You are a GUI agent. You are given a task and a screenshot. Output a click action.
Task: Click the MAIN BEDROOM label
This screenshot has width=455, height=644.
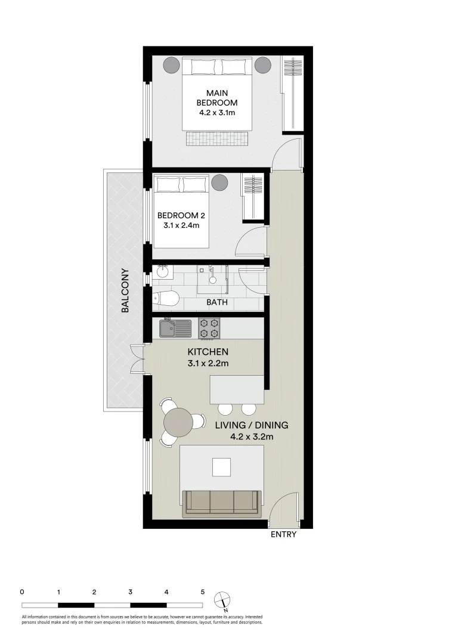coord(217,98)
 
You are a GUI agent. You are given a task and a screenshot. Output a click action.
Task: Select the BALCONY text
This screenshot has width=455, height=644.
coord(126,291)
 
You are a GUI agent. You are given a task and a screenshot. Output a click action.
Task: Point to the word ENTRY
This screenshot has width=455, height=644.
coord(283,535)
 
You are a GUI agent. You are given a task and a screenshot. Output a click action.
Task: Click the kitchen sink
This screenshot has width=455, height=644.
coord(175,329)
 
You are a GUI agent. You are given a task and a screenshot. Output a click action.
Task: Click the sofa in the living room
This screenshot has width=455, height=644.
coord(222,502)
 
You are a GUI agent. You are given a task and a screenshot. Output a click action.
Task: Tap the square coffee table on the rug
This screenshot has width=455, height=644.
coord(222,466)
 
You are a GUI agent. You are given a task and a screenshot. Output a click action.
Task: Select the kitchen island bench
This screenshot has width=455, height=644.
coord(237,389)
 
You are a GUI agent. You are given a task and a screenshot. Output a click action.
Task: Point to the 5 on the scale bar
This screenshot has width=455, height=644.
coord(203,592)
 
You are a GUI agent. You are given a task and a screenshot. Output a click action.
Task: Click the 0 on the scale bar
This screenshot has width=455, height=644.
coord(22,592)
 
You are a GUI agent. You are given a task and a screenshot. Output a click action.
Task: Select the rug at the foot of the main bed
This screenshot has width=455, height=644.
coord(216,139)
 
